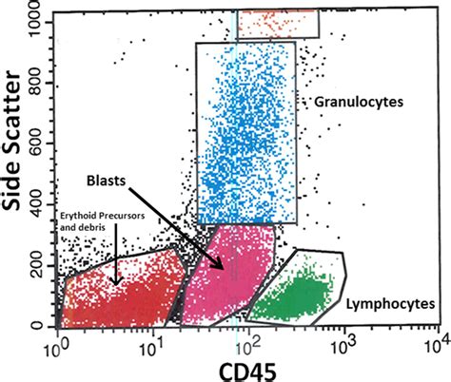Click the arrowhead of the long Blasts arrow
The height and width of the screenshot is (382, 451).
coord(225,271)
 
